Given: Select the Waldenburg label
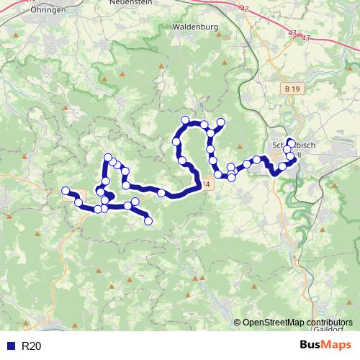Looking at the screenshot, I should (x=196, y=27).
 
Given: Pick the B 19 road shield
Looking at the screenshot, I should (x=290, y=88).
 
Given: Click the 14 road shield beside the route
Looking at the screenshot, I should (x=207, y=184).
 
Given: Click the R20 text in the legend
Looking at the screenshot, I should (x=32, y=346).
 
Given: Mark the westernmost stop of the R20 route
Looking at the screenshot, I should (x=66, y=191).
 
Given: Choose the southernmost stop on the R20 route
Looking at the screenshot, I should (x=148, y=221).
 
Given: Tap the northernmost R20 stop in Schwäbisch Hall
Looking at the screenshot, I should (x=291, y=142).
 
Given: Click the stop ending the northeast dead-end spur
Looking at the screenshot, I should (x=220, y=122).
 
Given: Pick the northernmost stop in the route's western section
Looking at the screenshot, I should (x=108, y=158).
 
